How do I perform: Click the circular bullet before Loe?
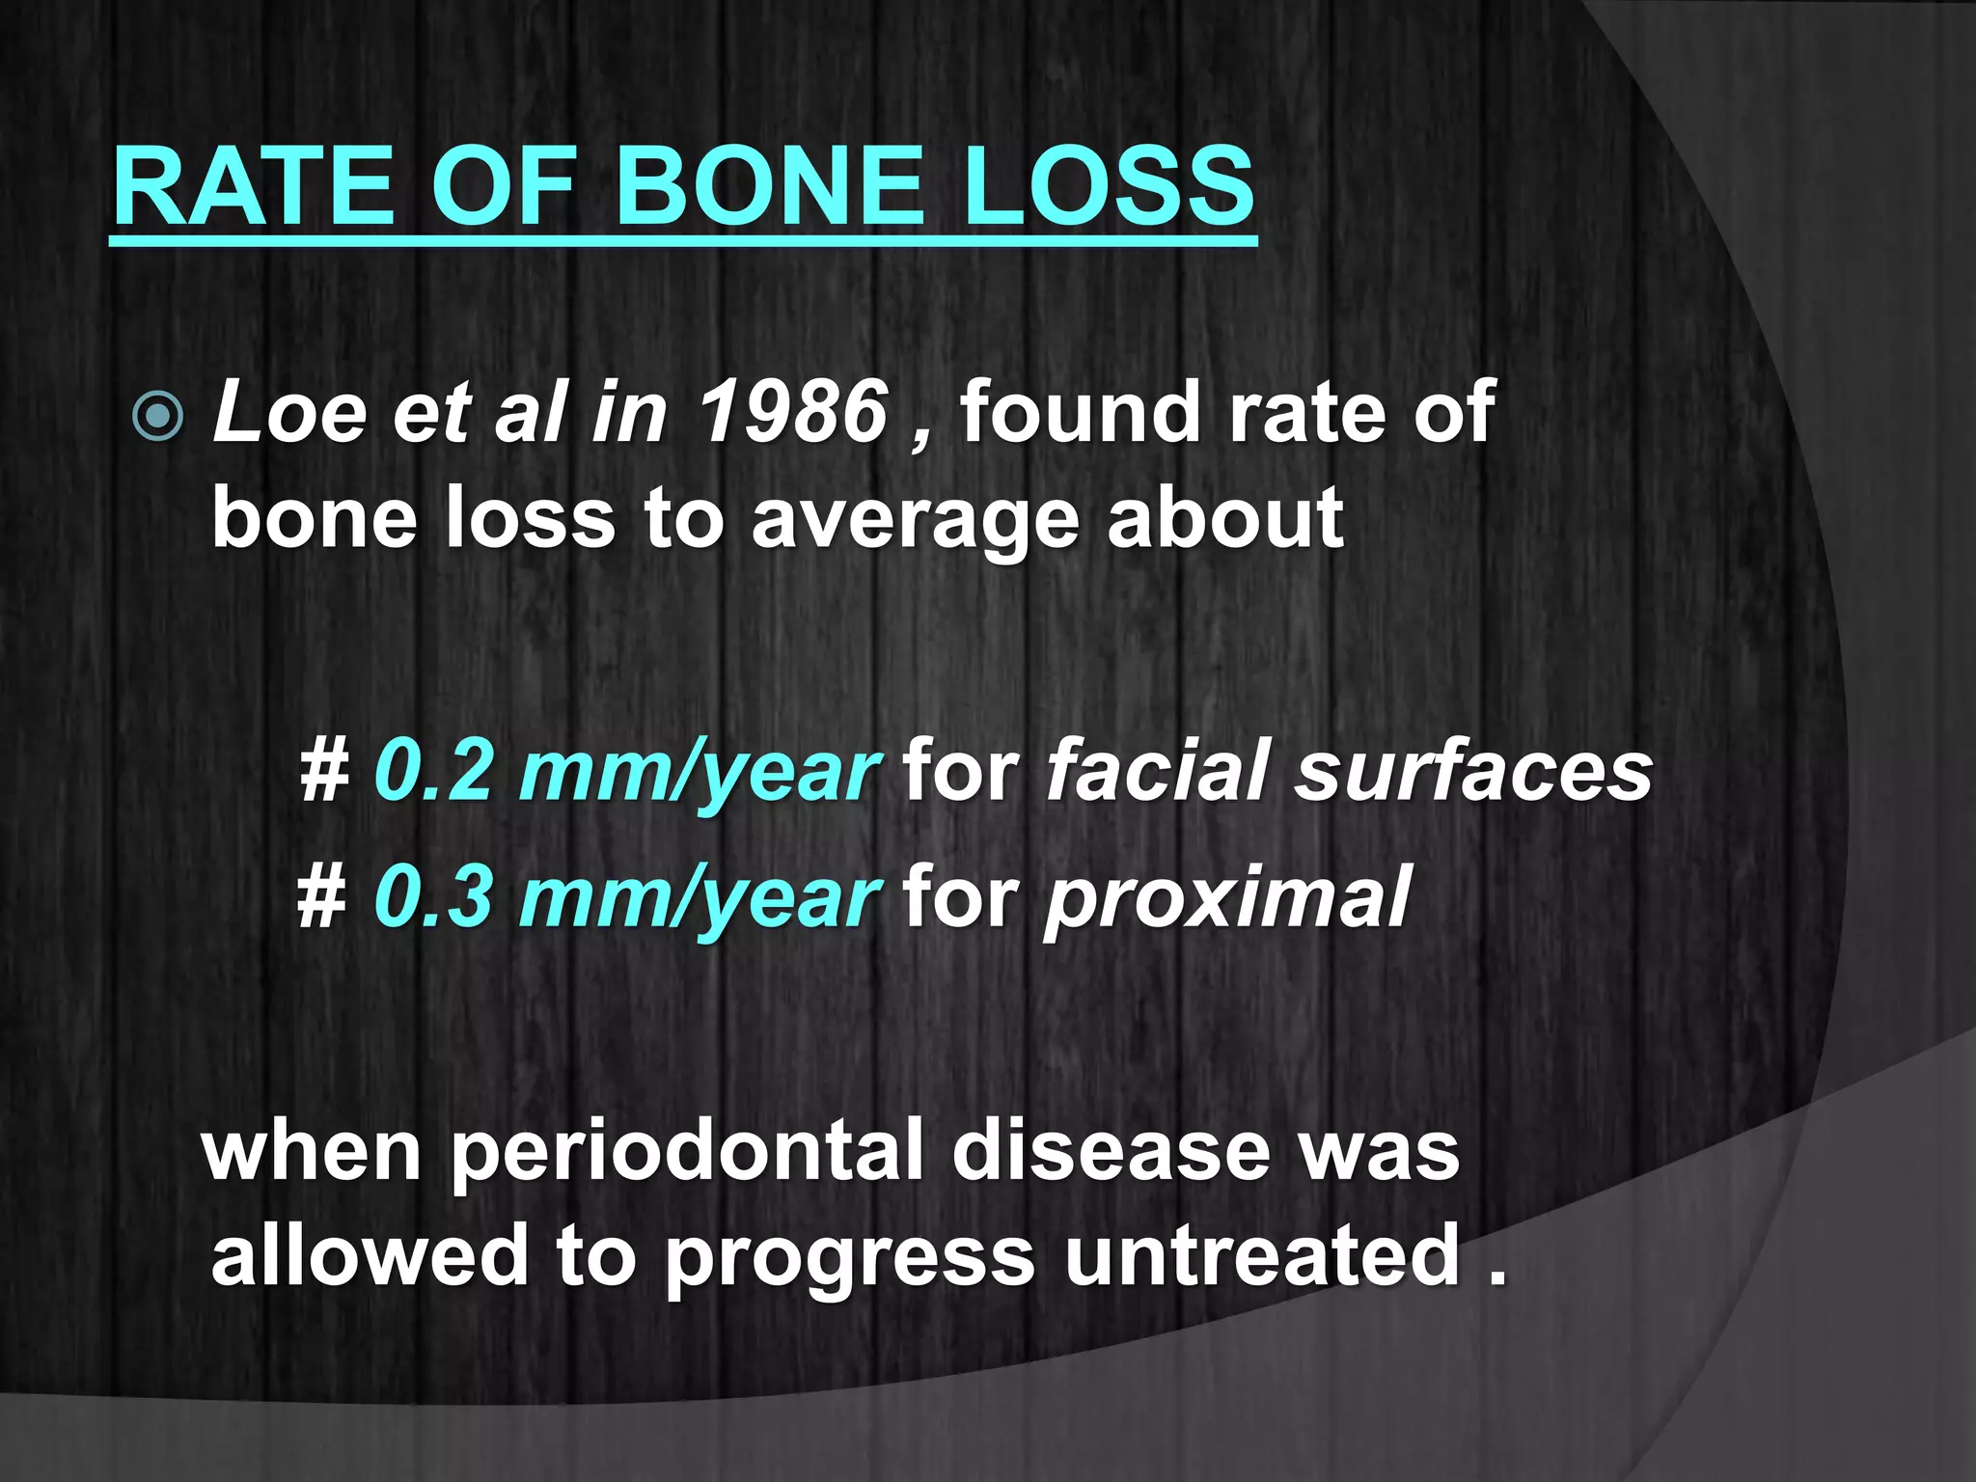(157, 417)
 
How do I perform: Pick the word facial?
(1157, 772)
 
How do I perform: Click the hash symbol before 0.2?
(322, 772)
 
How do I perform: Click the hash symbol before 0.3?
(322, 897)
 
